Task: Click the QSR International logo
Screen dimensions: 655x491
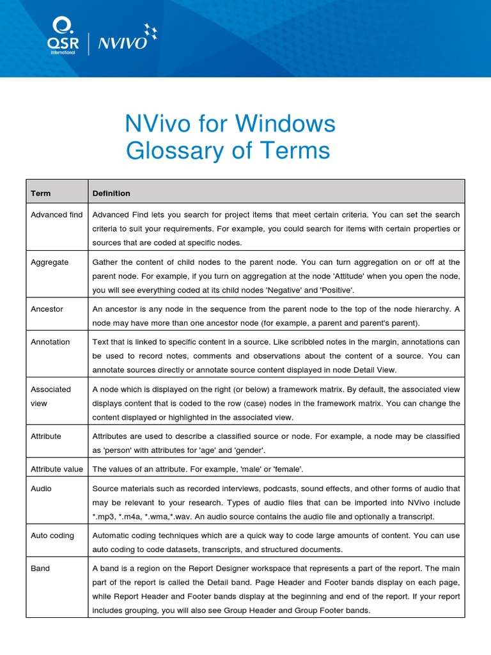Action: coord(63,36)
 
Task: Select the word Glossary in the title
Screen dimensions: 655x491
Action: coord(173,150)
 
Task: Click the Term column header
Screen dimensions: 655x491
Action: coord(40,193)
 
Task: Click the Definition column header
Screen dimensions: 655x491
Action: coord(111,193)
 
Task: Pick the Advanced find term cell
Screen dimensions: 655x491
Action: coord(56,215)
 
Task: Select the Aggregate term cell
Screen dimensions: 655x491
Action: coord(49,262)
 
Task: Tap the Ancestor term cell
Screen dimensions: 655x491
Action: coord(47,309)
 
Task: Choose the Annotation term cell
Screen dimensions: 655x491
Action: coord(50,342)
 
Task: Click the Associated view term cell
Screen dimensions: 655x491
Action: coord(51,396)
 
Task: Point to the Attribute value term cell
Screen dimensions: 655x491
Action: coord(56,469)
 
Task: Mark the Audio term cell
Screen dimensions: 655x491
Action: coord(41,489)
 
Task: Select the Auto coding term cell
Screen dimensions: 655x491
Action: coord(52,535)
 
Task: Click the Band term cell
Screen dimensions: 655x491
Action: coord(40,568)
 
